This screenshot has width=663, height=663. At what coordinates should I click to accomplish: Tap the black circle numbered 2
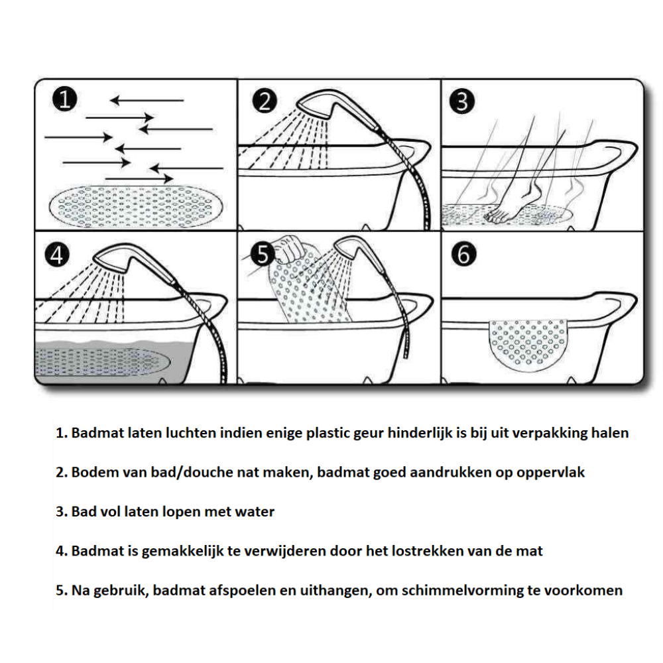tap(266, 102)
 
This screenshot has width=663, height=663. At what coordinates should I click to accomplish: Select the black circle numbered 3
tap(463, 102)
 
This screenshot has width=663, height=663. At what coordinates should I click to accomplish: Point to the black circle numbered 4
tap(58, 255)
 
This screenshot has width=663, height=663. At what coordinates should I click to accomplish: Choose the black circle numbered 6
tap(463, 255)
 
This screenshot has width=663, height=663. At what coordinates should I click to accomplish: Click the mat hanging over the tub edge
tap(528, 341)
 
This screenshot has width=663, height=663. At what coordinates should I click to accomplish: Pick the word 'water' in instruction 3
tap(255, 511)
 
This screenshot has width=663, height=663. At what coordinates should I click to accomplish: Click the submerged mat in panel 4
tap(99, 361)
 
